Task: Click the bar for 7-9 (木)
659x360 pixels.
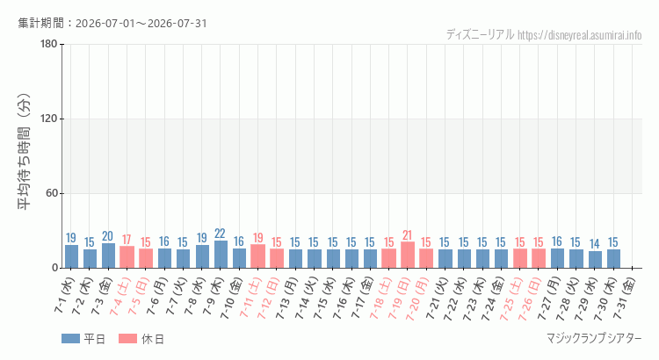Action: pos(221,254)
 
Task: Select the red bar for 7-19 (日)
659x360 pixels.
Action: pos(408,255)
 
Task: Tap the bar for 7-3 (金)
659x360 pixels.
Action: pos(108,256)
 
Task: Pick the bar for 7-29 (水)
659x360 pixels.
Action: pos(595,259)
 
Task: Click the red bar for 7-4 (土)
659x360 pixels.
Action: pos(127,257)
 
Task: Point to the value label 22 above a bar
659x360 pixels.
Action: pos(220,234)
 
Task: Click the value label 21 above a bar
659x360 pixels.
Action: pos(407,234)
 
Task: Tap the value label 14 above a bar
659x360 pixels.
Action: pos(594,243)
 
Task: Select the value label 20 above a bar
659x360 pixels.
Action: pos(107,236)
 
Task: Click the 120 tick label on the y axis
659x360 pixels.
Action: pos(49,119)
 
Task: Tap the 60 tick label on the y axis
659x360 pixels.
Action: pos(52,194)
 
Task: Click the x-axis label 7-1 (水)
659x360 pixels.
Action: pos(64,296)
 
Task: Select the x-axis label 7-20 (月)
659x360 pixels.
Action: pos(417,299)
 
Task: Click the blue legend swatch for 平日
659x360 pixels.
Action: pos(70,339)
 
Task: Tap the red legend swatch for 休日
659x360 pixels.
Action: pos(127,339)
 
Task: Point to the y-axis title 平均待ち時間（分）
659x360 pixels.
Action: pos(25,152)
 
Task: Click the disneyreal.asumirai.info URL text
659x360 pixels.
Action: pos(580,35)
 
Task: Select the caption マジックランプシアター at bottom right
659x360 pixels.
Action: pos(594,338)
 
